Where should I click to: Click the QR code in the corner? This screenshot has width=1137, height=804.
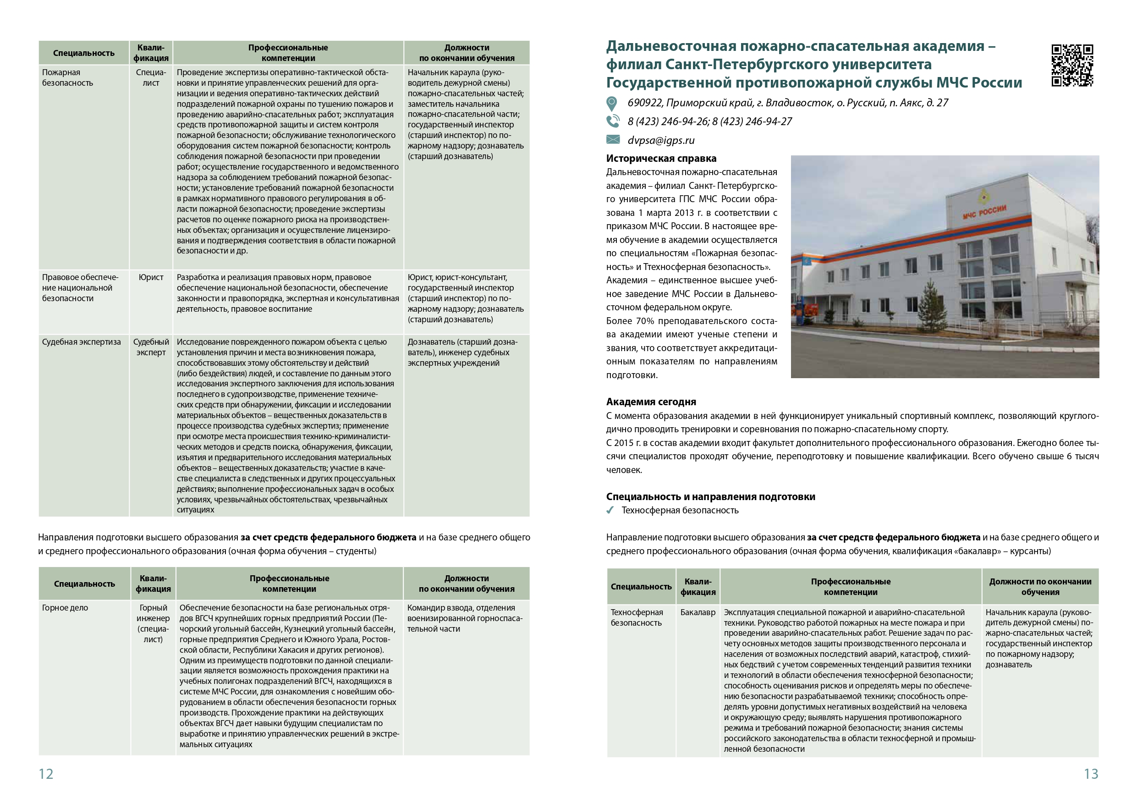tap(1071, 65)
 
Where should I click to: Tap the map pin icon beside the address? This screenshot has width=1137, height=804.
tap(612, 104)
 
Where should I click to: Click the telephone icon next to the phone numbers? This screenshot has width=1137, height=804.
tap(613, 121)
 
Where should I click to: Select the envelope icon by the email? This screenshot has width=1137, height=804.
tap(613, 140)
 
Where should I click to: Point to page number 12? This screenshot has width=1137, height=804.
tap(46, 774)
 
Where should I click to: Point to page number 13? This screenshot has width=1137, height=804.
tap(1091, 774)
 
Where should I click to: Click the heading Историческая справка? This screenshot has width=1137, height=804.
tap(661, 159)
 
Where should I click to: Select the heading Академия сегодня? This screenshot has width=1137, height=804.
tap(651, 402)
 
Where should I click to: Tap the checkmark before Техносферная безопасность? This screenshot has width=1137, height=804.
tap(610, 510)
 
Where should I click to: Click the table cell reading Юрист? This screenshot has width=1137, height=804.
tap(151, 277)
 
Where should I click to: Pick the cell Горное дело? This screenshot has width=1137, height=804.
tap(65, 608)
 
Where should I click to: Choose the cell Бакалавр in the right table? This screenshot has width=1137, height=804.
tap(698, 612)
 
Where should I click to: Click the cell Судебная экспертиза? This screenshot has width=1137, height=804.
tap(81, 342)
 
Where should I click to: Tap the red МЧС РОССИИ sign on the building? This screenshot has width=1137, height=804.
tap(984, 212)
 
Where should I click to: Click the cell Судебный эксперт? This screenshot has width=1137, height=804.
tap(151, 347)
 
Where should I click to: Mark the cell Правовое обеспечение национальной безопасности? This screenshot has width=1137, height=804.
tap(78, 288)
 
